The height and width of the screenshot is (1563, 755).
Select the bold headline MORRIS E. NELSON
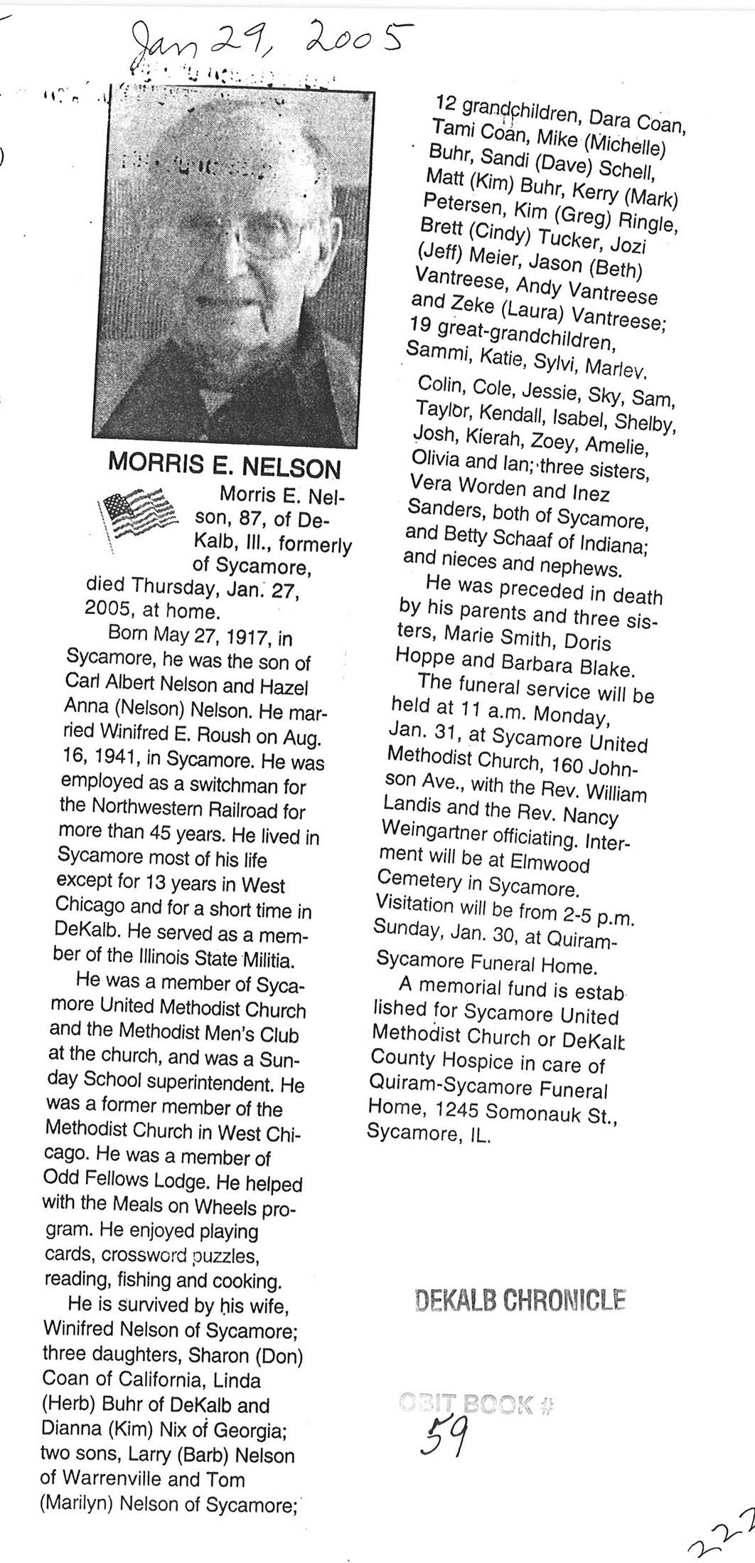pyautogui.click(x=224, y=467)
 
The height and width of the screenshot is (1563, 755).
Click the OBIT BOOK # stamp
pyautogui.click(x=476, y=1403)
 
